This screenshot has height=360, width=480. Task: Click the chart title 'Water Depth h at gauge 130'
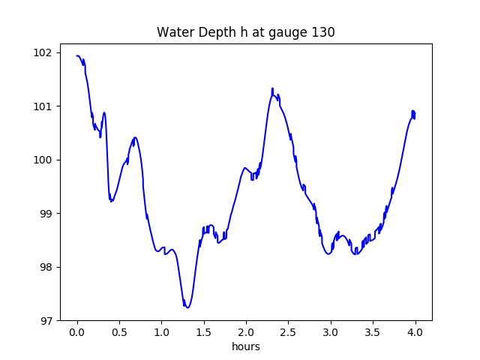pos(245,32)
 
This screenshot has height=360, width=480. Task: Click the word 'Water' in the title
pos(172,32)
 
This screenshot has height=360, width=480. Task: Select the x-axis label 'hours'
pos(245,346)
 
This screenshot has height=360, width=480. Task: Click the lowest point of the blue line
pos(187,307)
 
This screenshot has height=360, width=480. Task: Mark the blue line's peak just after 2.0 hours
pos(272,88)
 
